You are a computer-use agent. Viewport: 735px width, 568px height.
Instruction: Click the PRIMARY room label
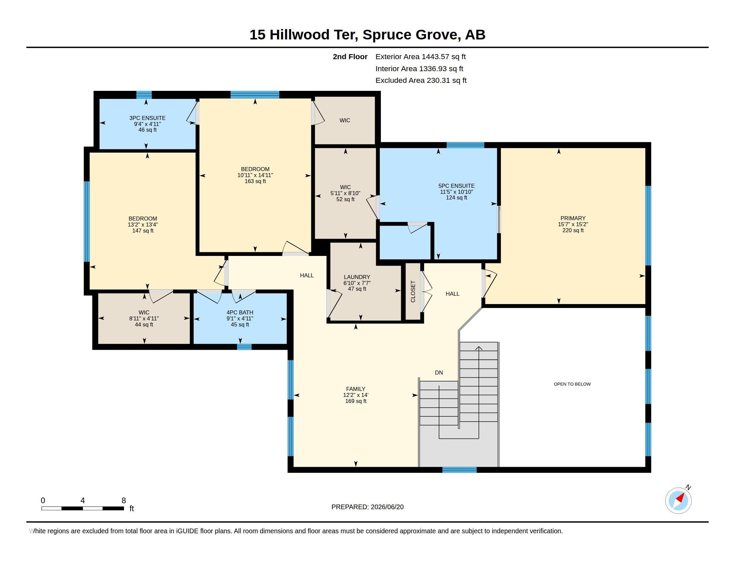point(573,218)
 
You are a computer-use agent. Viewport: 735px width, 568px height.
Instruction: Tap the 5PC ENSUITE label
point(456,186)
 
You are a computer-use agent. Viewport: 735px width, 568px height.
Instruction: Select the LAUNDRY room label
point(357,277)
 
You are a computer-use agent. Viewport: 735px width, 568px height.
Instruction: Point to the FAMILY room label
point(355,389)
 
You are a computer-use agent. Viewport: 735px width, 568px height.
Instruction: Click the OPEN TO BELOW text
point(572,384)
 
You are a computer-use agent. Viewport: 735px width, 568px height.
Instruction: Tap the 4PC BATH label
point(240,312)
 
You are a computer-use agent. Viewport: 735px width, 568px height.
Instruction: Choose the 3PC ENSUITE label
point(147,118)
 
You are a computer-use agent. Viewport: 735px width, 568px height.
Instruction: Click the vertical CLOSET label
point(413,291)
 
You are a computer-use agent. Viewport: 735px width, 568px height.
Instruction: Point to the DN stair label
point(439,373)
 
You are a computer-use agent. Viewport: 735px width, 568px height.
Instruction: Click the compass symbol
point(679,500)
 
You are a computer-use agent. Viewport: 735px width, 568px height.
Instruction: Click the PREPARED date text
point(367,507)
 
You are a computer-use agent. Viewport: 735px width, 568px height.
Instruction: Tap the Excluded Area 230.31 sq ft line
point(421,81)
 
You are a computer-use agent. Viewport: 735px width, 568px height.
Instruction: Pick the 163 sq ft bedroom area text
point(255,181)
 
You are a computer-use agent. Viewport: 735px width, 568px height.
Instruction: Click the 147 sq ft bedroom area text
point(143,231)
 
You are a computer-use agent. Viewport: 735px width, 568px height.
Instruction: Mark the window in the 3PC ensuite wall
point(144,95)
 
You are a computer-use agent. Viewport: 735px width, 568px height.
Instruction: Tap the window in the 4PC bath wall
point(244,347)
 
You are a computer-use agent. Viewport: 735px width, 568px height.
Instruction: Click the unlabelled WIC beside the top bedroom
point(345,120)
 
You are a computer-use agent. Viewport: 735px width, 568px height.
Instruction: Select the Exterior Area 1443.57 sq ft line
point(421,57)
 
